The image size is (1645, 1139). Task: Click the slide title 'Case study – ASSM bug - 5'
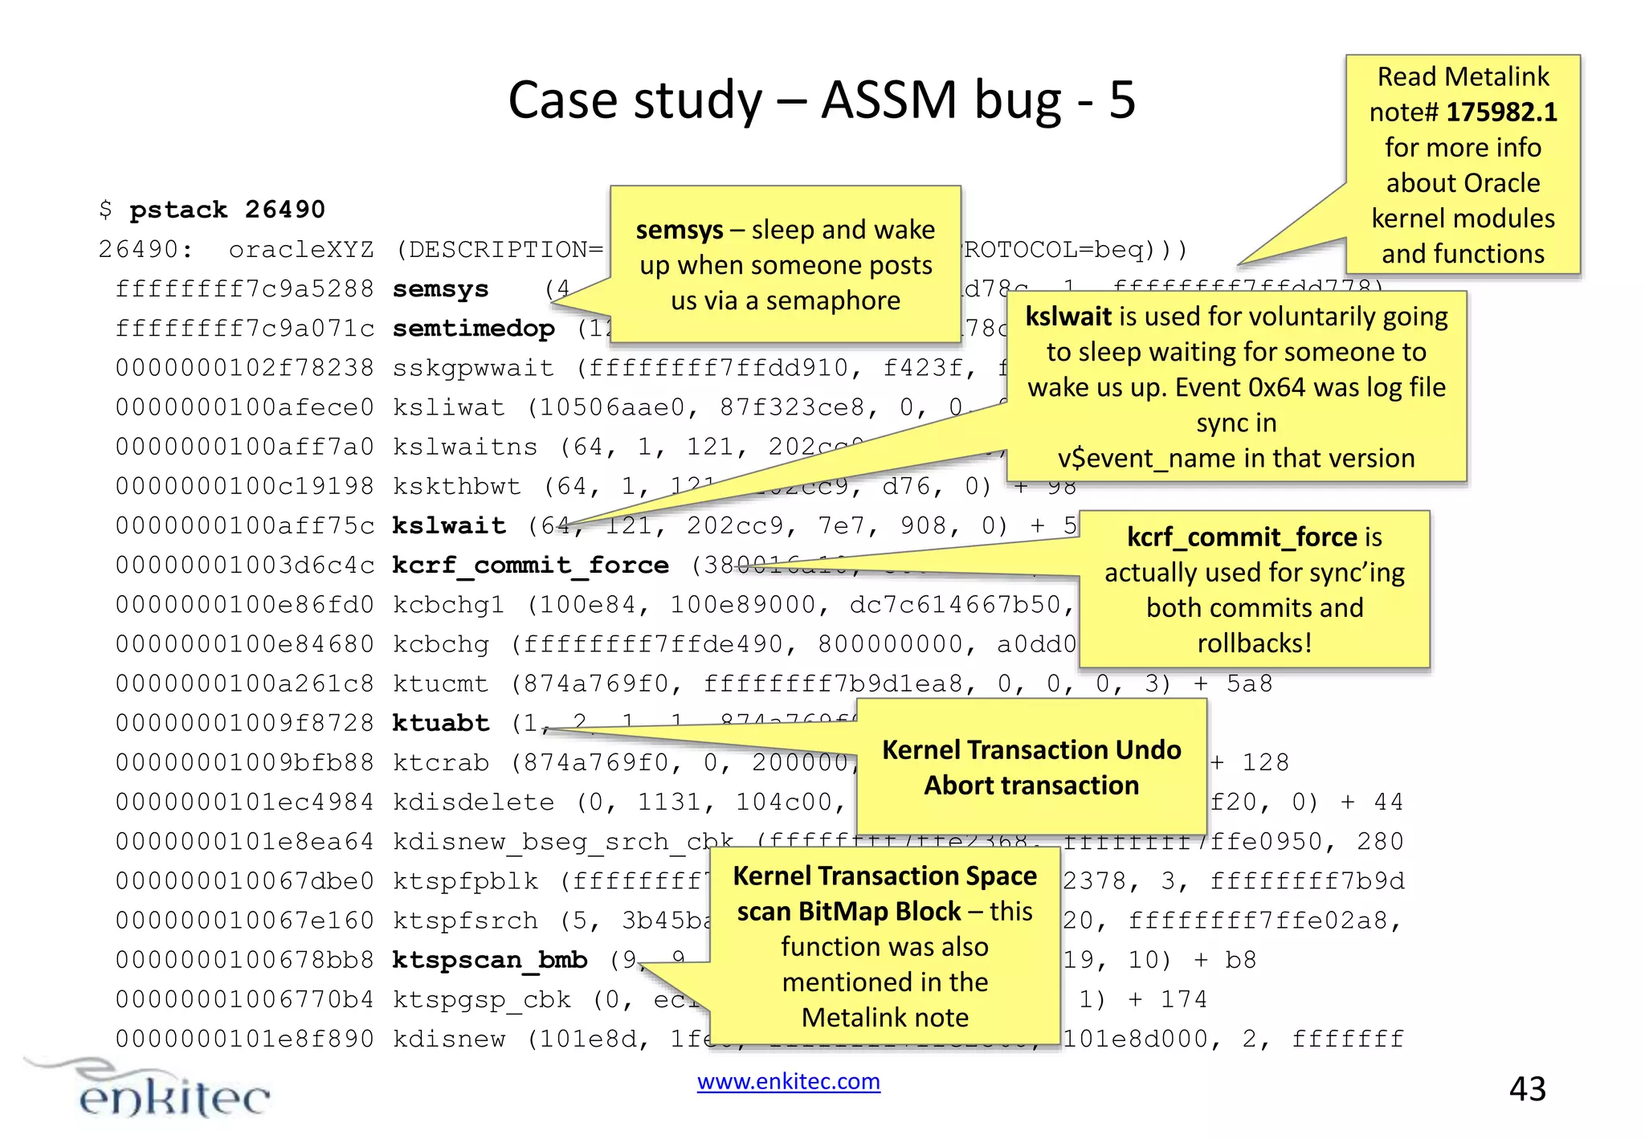(821, 100)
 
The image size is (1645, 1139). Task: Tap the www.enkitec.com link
(788, 1082)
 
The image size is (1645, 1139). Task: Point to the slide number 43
(1527, 1089)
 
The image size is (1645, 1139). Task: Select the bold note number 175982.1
(1501, 112)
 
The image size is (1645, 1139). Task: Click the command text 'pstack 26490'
(227, 210)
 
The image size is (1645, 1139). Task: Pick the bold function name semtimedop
(473, 329)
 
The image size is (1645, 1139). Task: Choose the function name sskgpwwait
(473, 368)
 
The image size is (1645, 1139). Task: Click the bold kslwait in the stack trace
(449, 525)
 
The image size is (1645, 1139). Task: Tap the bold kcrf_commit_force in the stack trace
(530, 565)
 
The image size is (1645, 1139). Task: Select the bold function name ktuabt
(440, 723)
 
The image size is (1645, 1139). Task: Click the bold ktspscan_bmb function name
(490, 960)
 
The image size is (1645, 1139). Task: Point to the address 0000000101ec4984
(245, 802)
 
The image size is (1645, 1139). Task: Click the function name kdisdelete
(473, 802)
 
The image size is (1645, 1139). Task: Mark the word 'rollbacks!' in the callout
(1255, 643)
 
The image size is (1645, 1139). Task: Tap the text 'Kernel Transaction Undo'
(1031, 749)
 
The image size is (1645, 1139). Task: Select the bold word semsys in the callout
(680, 231)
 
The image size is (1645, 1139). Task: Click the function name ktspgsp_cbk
(482, 999)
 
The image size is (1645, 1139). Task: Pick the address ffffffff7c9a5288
(245, 289)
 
